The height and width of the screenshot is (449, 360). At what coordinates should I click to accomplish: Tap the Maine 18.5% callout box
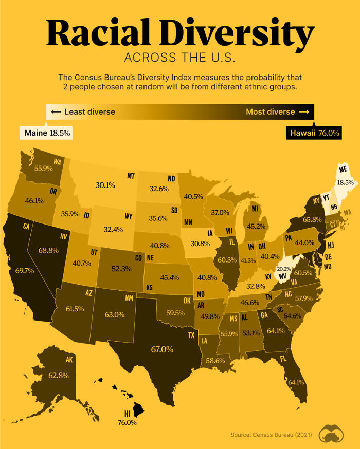(x=46, y=133)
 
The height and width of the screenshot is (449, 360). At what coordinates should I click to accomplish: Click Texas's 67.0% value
(x=161, y=349)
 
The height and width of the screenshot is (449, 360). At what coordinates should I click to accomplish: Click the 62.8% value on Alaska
(x=58, y=376)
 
